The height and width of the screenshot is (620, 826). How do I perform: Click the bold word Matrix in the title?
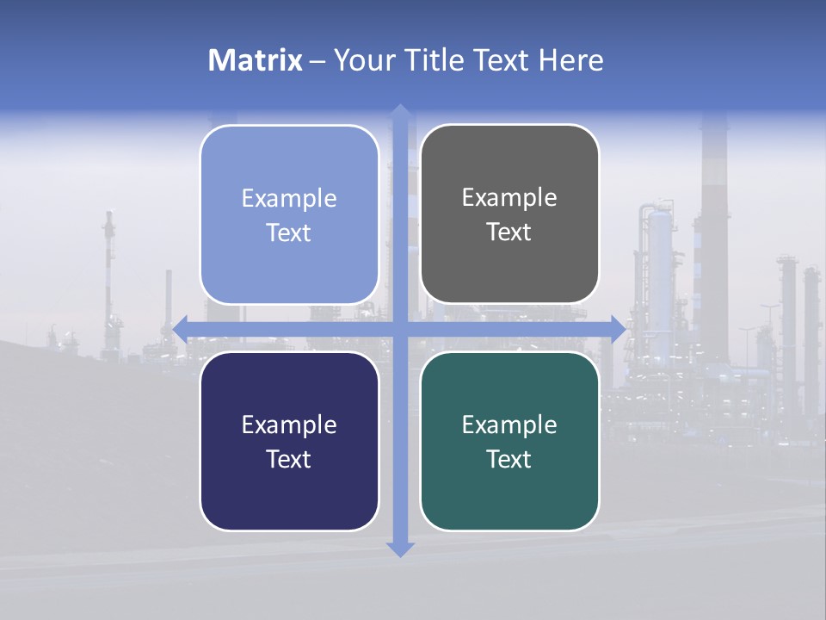[x=256, y=60]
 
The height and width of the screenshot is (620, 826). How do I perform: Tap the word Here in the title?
[x=571, y=60]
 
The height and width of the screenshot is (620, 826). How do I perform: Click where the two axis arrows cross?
[x=400, y=328]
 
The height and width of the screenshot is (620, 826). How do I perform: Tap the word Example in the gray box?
[x=509, y=198]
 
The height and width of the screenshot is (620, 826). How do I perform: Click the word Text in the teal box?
[x=509, y=459]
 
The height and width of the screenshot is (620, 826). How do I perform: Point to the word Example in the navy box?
[x=289, y=425]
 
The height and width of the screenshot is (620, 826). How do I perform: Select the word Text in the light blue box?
[x=289, y=232]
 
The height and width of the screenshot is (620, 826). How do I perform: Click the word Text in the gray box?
[x=509, y=232]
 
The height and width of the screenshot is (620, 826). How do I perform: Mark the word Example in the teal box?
[x=509, y=425]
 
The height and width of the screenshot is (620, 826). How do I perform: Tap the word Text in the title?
[x=502, y=60]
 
